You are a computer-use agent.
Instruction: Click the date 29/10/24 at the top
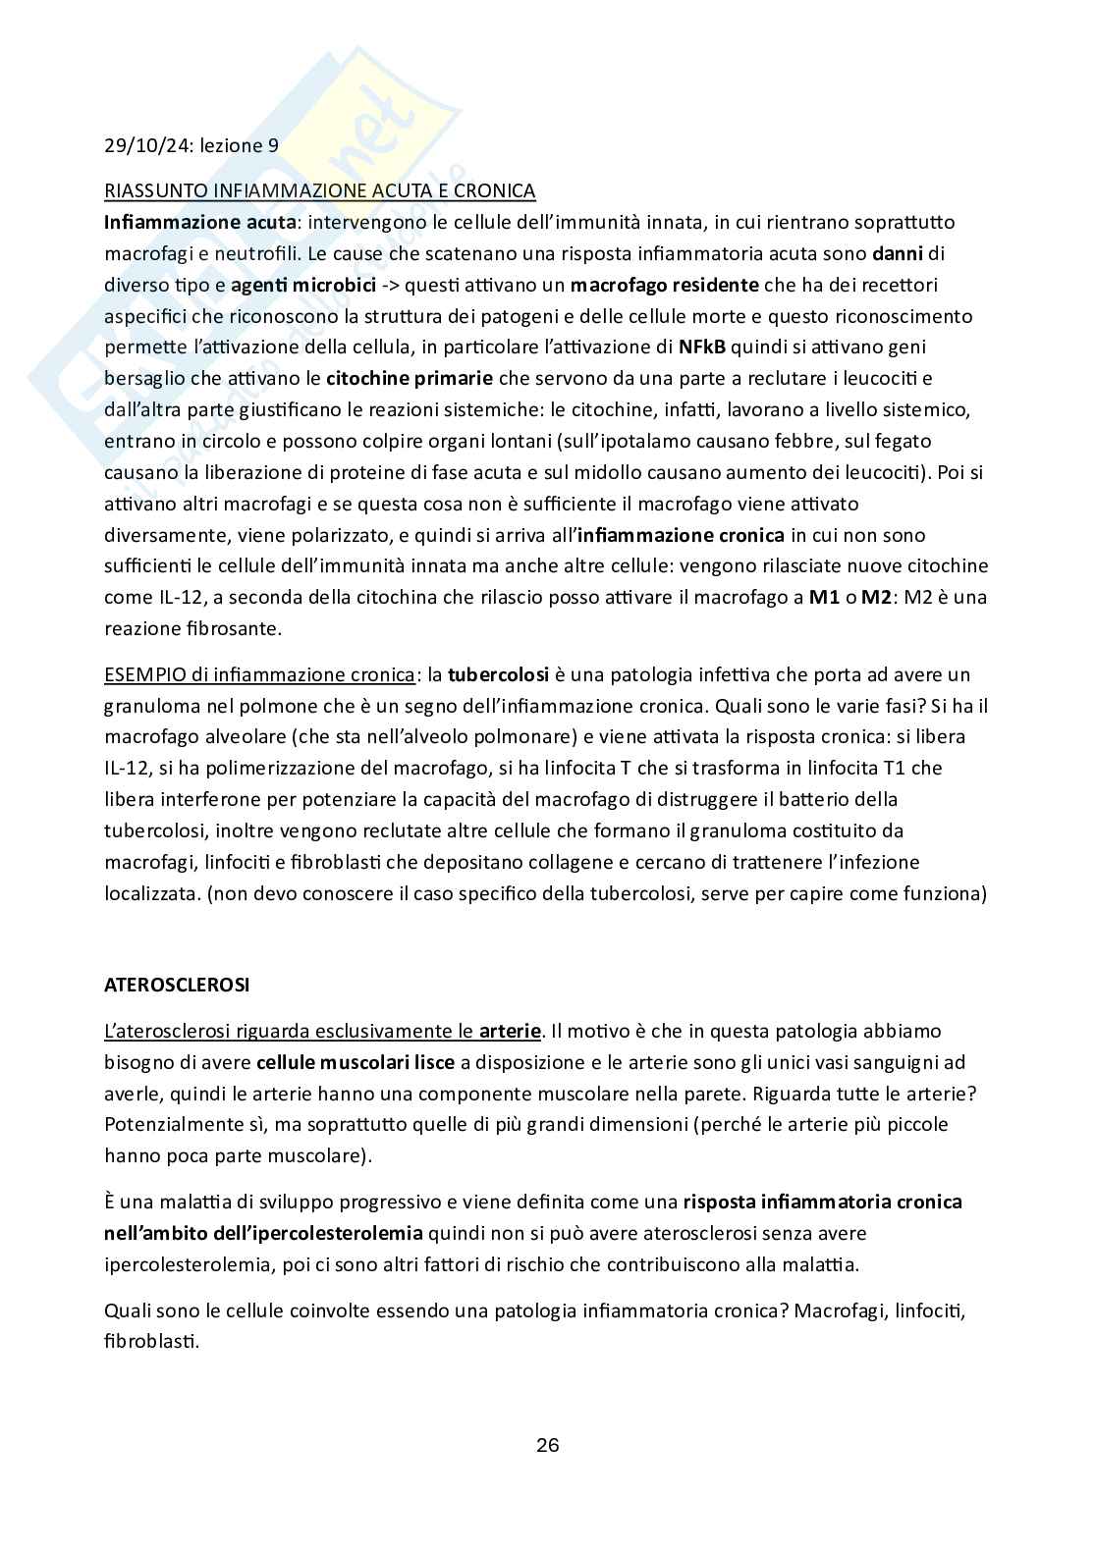point(146,145)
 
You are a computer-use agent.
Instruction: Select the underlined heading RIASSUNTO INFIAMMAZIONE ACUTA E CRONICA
point(320,190)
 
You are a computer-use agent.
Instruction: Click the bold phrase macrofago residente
point(664,285)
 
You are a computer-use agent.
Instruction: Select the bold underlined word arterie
point(510,1031)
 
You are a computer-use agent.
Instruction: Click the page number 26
point(548,1445)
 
